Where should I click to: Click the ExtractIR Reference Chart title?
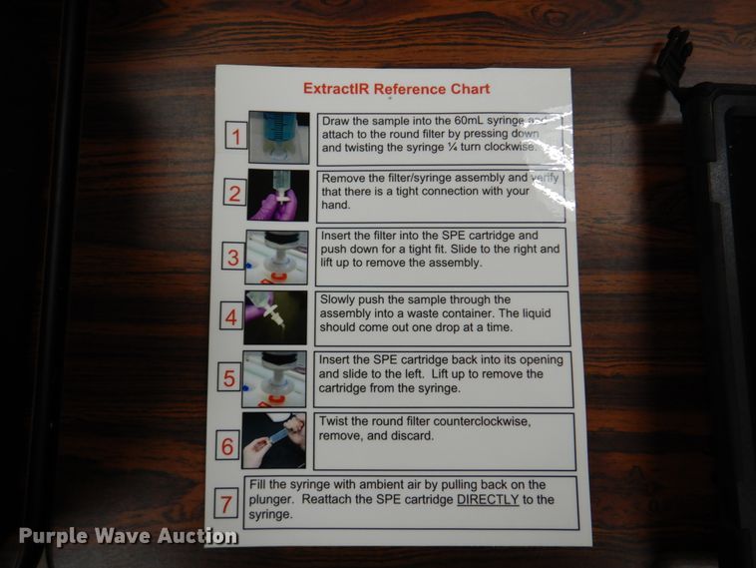pos(396,89)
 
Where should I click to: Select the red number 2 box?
pos(233,194)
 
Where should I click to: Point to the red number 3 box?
pos(232,257)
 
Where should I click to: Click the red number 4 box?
pos(230,318)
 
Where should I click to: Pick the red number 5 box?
pos(229,379)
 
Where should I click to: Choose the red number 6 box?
pos(227,446)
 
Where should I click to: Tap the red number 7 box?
pos(226,504)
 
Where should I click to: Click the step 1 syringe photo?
pos(278,137)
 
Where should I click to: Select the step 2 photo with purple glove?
pos(278,195)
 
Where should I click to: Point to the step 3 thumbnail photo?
pos(276,257)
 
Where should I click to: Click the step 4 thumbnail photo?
pos(275,317)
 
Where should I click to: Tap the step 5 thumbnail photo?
pos(274,378)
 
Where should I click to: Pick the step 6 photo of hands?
pos(273,440)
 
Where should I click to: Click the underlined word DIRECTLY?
pos(488,499)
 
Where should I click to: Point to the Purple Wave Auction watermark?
pos(128,536)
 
